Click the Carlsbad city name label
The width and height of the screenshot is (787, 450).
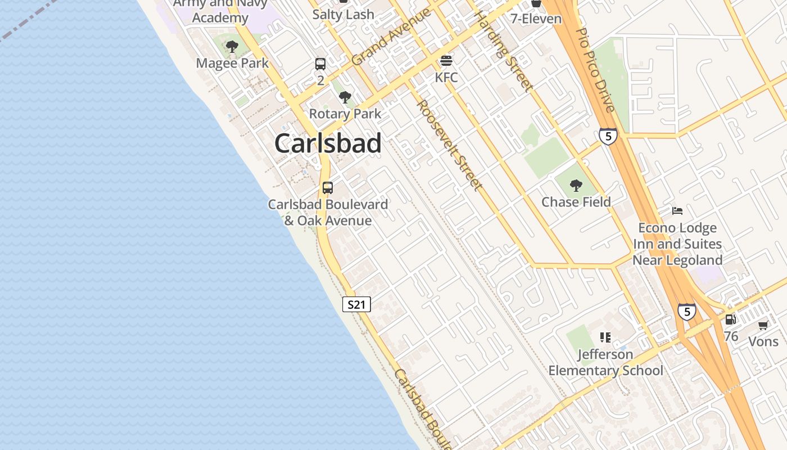click(x=328, y=143)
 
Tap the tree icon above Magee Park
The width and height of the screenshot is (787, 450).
click(x=232, y=47)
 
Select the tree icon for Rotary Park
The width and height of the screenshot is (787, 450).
click(x=345, y=97)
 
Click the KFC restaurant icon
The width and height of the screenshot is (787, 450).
click(x=446, y=60)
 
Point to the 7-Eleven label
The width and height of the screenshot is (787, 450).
click(x=536, y=19)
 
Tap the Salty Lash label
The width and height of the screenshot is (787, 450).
click(x=343, y=15)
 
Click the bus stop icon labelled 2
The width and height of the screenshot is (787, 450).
click(x=320, y=64)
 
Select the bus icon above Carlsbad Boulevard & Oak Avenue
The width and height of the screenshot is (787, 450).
click(x=328, y=188)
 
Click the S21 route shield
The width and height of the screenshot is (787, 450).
click(x=356, y=305)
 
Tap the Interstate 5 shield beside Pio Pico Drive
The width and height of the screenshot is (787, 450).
click(x=608, y=136)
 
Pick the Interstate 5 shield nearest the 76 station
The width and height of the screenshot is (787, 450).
click(x=686, y=312)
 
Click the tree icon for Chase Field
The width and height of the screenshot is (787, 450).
click(x=576, y=185)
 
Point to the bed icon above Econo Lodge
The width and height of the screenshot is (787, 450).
click(x=677, y=211)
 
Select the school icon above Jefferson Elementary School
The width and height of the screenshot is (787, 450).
click(x=605, y=337)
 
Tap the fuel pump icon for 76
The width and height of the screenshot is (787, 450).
click(x=730, y=319)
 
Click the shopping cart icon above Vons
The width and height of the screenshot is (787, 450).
click(x=763, y=325)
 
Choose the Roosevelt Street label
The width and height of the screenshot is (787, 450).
click(x=449, y=145)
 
